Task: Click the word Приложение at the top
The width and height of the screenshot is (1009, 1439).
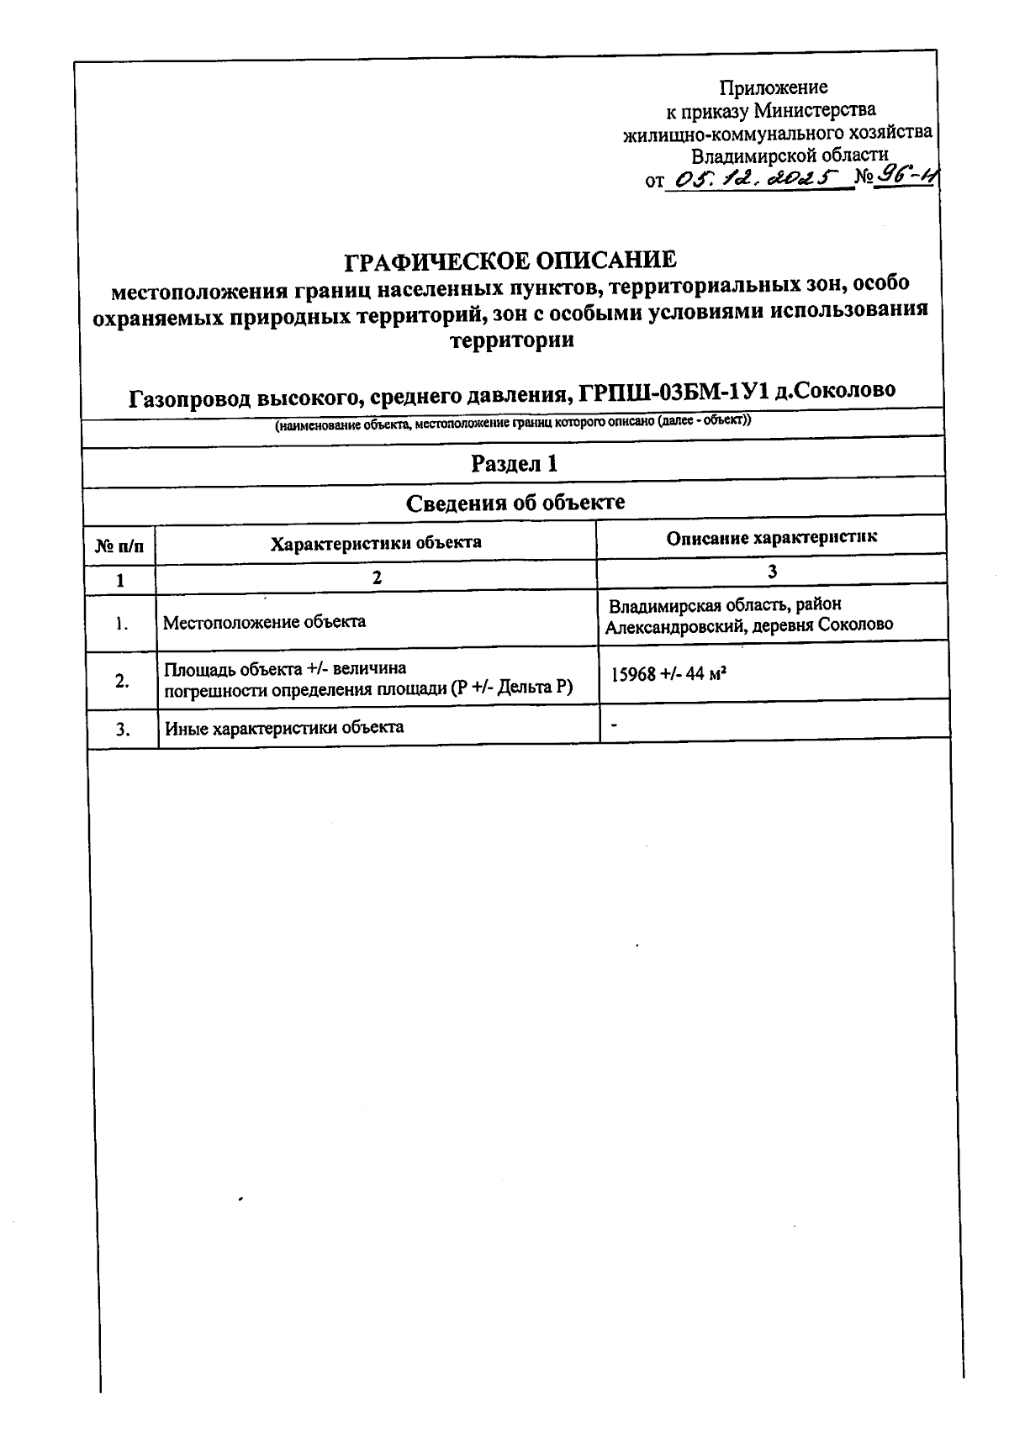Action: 773,87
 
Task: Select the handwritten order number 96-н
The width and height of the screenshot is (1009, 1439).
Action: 906,176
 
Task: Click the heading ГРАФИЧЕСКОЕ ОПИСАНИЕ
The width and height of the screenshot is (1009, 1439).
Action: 510,261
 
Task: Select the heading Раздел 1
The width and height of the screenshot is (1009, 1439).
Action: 514,464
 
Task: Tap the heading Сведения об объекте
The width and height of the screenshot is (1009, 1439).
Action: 515,503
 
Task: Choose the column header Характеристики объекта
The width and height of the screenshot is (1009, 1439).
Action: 376,542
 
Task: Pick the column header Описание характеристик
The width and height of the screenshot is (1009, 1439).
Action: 771,538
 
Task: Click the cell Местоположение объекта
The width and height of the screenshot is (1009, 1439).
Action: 264,622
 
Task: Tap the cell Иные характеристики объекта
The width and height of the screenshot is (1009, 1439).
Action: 283,728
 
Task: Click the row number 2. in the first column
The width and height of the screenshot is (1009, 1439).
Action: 122,680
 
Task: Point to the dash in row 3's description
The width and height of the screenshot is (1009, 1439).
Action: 615,722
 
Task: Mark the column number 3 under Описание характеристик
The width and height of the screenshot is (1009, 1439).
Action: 772,571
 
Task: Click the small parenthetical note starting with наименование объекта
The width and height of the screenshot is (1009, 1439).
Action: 513,423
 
